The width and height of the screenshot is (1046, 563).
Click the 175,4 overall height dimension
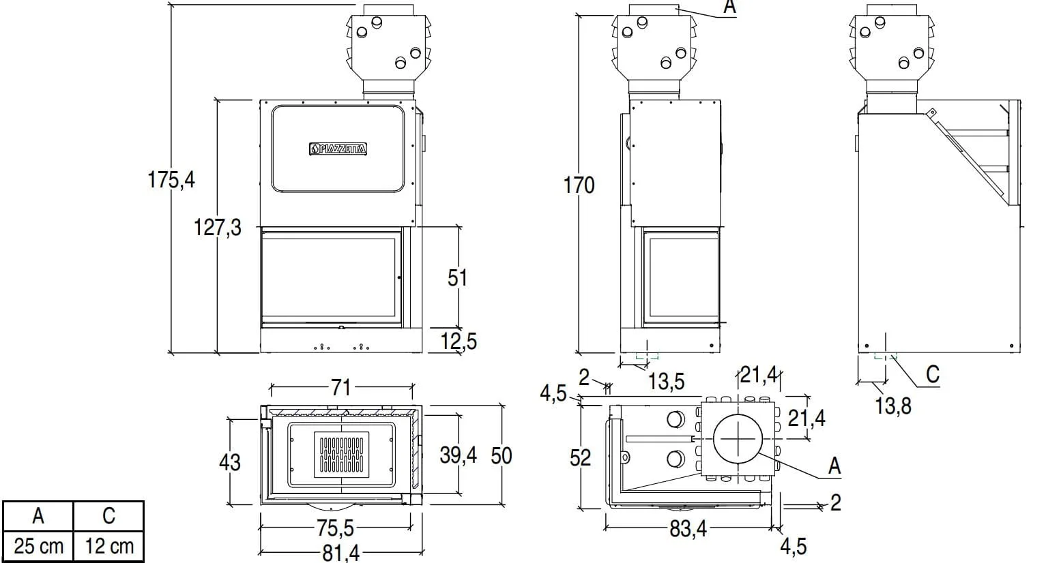pyautogui.click(x=171, y=179)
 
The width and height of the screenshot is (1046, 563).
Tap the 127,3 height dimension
pyautogui.click(x=218, y=228)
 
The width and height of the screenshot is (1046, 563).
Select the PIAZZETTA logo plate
pyautogui.click(x=338, y=149)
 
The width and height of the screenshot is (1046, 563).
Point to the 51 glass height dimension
pyautogui.click(x=457, y=278)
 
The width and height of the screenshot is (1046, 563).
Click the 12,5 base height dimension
pyautogui.click(x=459, y=341)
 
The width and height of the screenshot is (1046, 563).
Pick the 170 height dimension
pyautogui.click(x=579, y=185)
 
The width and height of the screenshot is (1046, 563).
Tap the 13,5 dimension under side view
pyautogui.click(x=667, y=382)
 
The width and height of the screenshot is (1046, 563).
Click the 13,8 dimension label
pyautogui.click(x=893, y=406)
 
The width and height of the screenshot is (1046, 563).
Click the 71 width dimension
pyautogui.click(x=341, y=387)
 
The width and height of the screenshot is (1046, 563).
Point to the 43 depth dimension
pyautogui.click(x=230, y=462)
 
